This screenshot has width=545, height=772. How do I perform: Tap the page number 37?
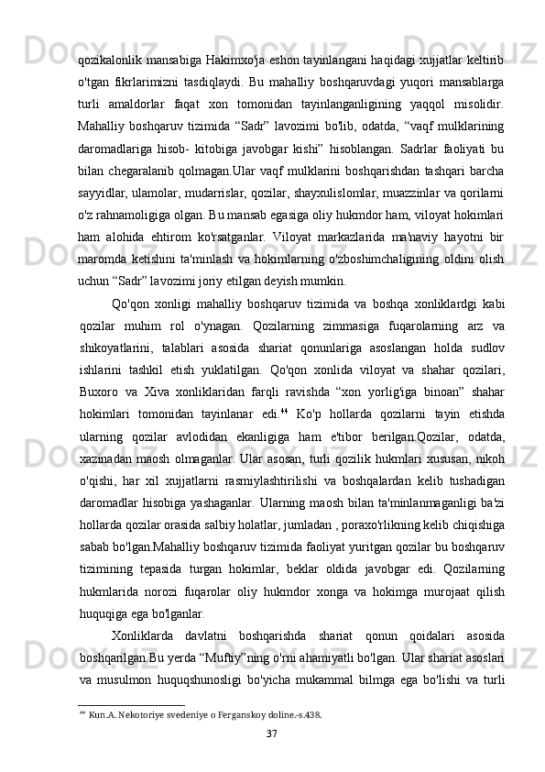click(272, 759)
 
